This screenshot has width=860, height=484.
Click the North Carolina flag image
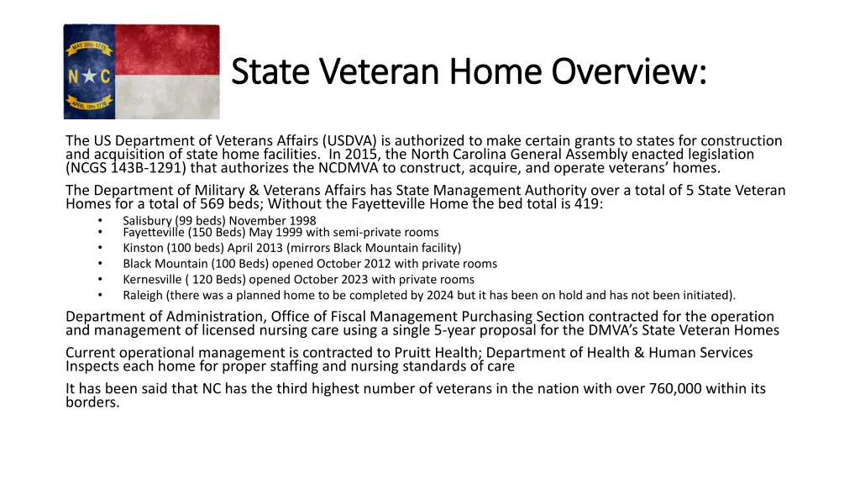tap(141, 71)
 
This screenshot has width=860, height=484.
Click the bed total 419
tap(585, 203)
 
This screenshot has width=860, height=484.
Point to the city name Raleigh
tap(143, 295)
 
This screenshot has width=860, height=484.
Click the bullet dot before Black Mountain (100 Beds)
tap(100, 264)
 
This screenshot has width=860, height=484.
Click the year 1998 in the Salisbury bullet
tap(302, 221)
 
